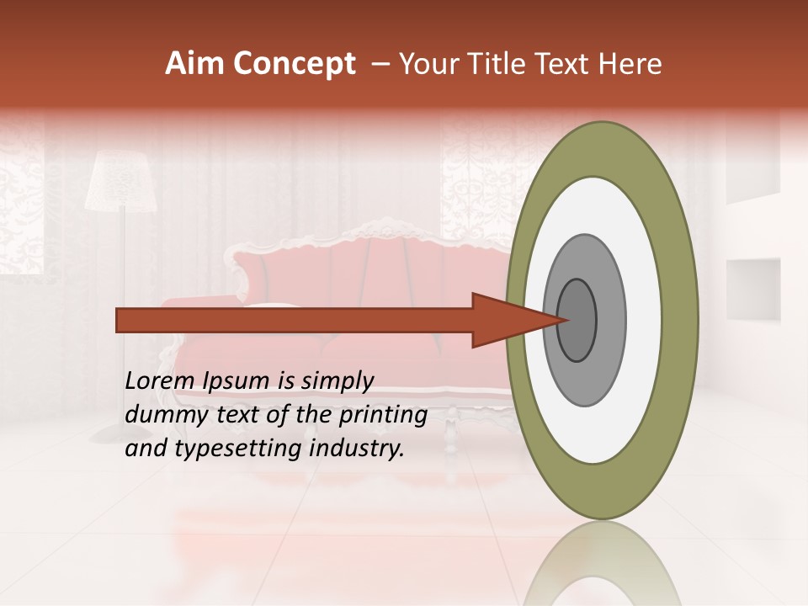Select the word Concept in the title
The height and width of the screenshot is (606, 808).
(x=292, y=64)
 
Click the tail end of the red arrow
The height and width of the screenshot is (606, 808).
(x=119, y=320)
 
